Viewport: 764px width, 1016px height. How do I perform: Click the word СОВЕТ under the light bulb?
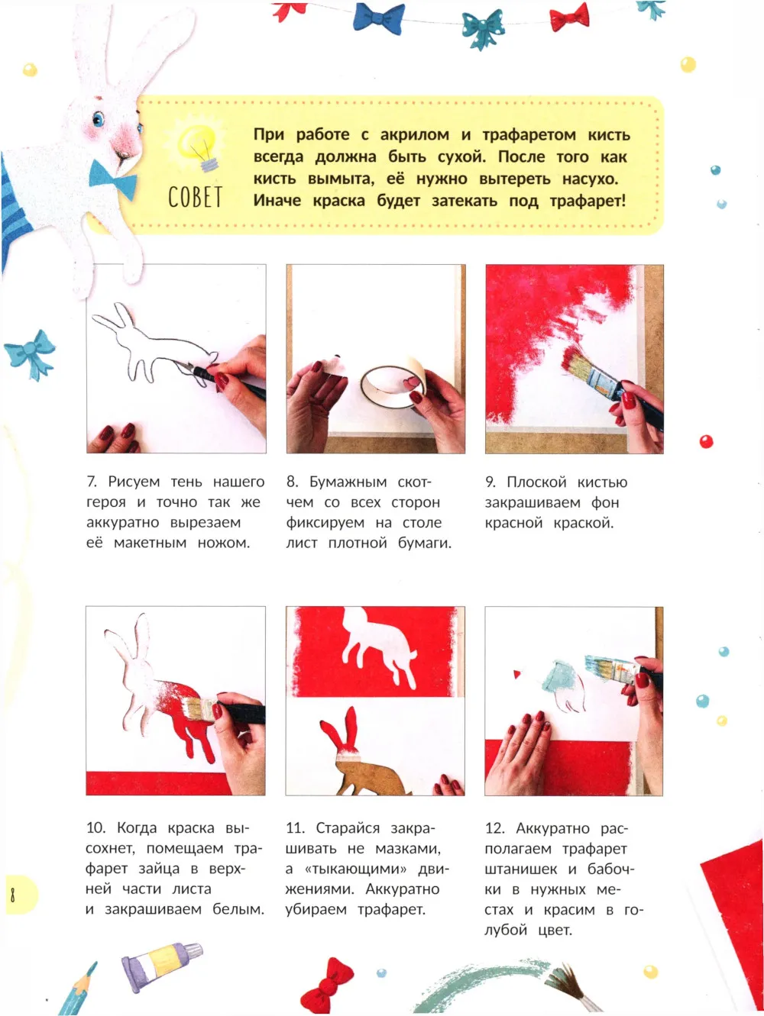[195, 198]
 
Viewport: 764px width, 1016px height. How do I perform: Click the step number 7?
[92, 482]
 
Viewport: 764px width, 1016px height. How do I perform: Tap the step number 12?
[495, 828]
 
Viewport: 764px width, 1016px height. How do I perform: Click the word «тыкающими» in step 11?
[355, 869]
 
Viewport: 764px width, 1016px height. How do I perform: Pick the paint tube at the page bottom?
[161, 969]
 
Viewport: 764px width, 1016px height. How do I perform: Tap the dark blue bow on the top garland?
[379, 18]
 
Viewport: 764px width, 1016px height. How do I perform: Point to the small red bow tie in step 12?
[517, 674]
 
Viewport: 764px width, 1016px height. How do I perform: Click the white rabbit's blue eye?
[99, 119]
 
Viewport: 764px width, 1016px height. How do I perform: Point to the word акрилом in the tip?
[415, 134]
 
